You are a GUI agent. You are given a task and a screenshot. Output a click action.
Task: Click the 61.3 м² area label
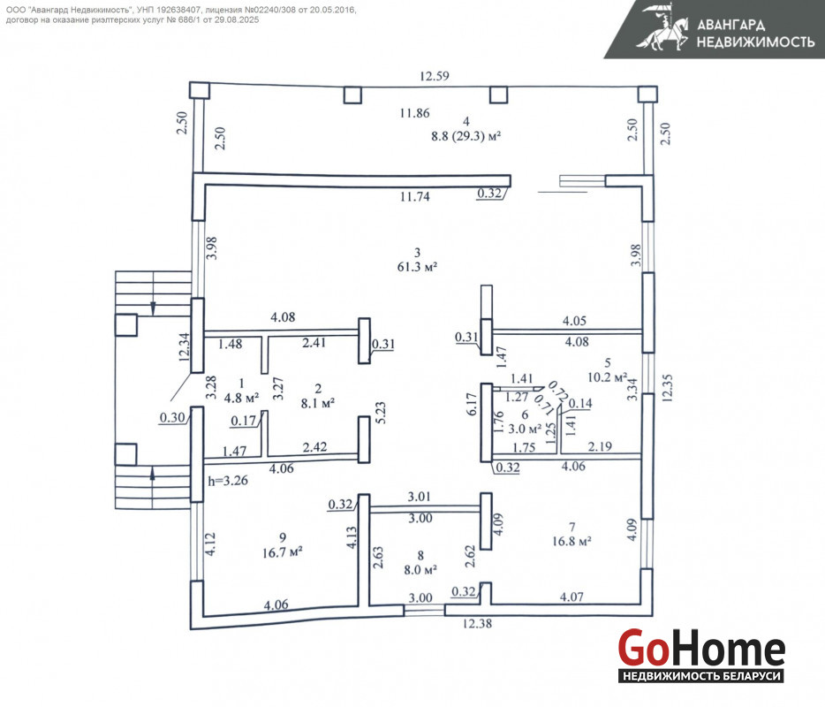[x=417, y=267]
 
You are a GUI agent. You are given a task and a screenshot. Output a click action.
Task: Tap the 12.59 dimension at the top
[x=434, y=76]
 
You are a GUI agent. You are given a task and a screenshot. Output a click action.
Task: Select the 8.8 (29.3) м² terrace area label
[x=465, y=136]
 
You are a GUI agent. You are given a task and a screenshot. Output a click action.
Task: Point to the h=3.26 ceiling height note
[x=228, y=481]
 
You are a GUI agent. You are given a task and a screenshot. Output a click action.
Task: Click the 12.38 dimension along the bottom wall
[x=477, y=623]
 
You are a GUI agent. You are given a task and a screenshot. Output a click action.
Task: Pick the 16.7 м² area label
[x=283, y=552]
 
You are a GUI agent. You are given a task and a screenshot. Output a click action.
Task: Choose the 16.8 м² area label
[x=571, y=541]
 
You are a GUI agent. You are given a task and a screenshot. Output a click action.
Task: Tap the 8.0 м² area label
[x=420, y=570]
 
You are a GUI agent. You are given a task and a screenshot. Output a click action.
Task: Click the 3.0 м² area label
[x=525, y=429]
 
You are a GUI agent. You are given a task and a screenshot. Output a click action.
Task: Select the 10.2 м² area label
[x=608, y=377]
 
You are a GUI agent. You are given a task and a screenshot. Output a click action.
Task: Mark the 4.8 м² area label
[x=241, y=398]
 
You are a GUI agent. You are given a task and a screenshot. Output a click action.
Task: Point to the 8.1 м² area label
[x=318, y=403]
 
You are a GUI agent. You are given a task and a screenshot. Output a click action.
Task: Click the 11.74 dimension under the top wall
[x=414, y=197]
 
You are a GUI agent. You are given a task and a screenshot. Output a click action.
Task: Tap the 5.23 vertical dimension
[x=381, y=413]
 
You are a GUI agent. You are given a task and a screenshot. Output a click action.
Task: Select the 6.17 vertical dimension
[x=472, y=404]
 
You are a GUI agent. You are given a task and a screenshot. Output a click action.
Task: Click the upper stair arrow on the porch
[x=153, y=308]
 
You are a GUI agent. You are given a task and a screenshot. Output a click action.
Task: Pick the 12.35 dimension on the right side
[x=667, y=388]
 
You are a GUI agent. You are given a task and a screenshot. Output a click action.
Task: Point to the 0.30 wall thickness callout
[x=172, y=417]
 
